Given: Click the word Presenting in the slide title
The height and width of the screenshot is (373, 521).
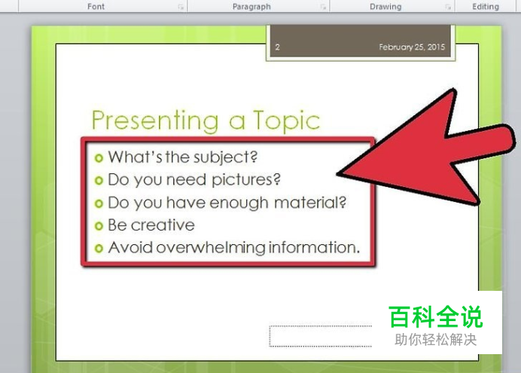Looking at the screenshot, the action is pyautogui.click(x=155, y=121).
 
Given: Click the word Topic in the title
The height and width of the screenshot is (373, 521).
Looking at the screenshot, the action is pyautogui.click(x=286, y=121).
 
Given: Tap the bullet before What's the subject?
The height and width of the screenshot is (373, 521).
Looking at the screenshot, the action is pyautogui.click(x=99, y=158).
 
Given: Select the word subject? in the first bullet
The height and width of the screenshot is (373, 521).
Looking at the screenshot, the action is pyautogui.click(x=226, y=157).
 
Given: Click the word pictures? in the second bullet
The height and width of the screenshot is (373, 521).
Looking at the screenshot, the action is pyautogui.click(x=246, y=180).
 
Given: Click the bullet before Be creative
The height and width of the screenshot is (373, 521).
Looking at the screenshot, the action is pyautogui.click(x=99, y=226).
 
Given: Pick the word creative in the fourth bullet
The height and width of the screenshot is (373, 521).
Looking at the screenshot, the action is pyautogui.click(x=163, y=225).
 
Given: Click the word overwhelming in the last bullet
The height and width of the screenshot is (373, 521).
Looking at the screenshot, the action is pyautogui.click(x=210, y=248).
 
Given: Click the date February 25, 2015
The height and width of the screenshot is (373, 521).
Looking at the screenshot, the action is pyautogui.click(x=412, y=47).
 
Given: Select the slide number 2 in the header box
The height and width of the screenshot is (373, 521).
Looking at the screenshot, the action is pyautogui.click(x=277, y=47).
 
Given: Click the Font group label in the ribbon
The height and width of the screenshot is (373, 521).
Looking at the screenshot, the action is pyautogui.click(x=96, y=6).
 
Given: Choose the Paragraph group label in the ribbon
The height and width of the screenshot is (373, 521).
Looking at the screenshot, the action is pyautogui.click(x=251, y=7).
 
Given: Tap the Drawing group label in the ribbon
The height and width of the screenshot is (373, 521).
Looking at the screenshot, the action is pyautogui.click(x=385, y=7).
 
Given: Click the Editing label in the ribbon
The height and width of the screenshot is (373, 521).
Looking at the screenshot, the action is pyautogui.click(x=486, y=7).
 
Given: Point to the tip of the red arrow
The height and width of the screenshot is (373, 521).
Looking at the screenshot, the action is pyautogui.click(x=337, y=173).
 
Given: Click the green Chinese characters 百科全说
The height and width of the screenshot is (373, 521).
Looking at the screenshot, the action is pyautogui.click(x=436, y=317).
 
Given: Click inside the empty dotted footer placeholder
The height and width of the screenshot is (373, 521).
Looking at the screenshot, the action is pyautogui.click(x=320, y=336).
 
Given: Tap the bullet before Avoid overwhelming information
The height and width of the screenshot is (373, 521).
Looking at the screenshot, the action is pyautogui.click(x=99, y=249).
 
